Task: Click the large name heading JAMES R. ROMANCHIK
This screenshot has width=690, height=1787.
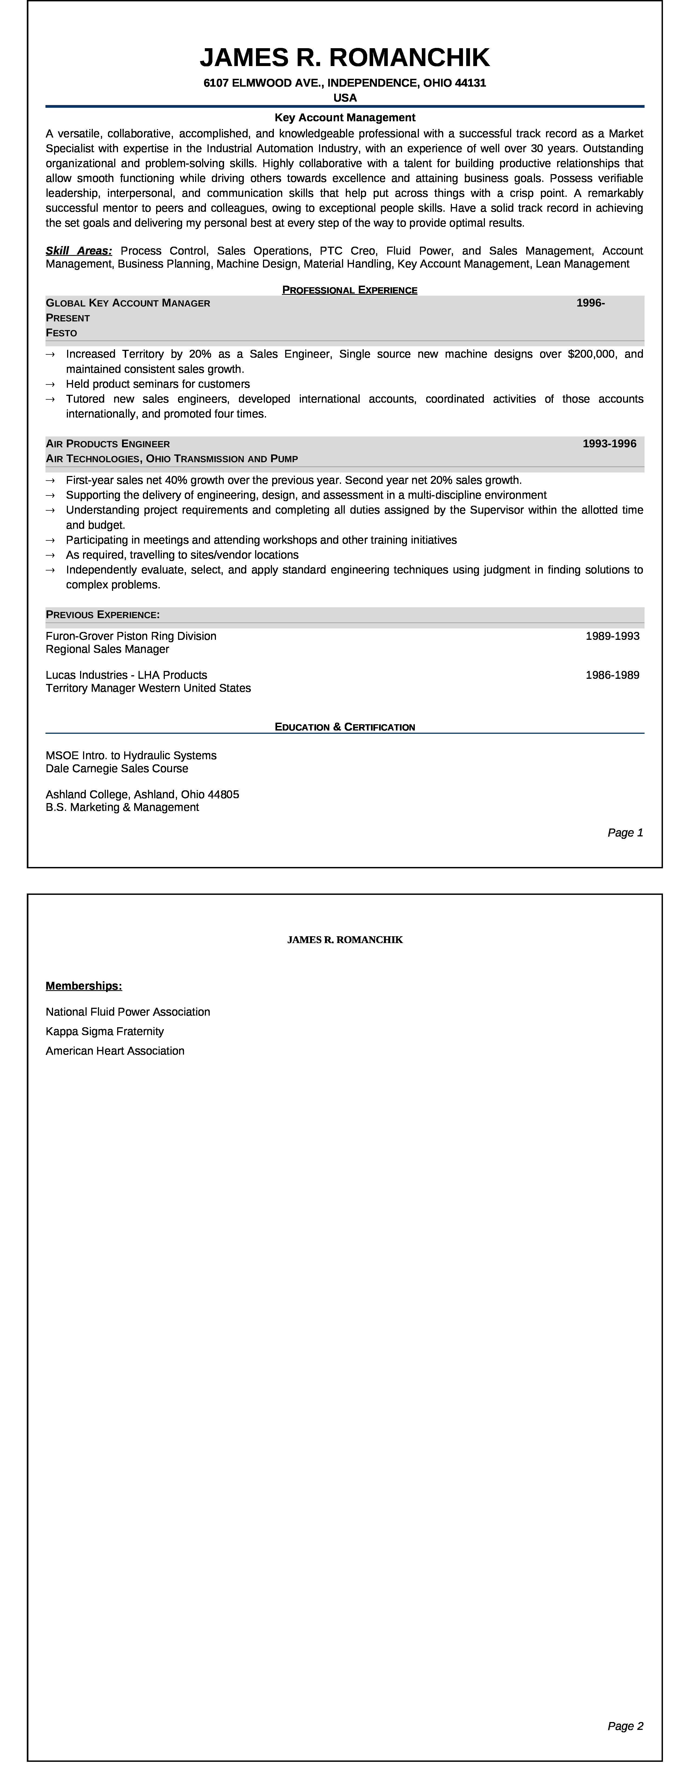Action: point(345,58)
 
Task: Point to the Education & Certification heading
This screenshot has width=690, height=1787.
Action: point(345,727)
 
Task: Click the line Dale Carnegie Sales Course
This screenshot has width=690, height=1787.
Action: point(117,769)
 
